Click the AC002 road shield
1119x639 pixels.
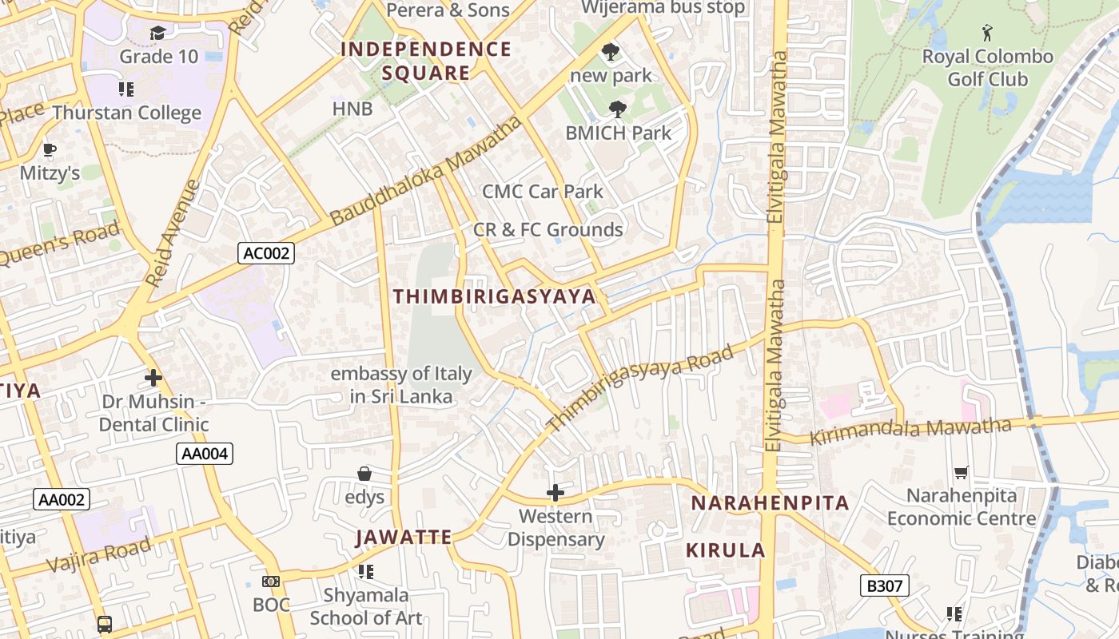pyautogui.click(x=266, y=254)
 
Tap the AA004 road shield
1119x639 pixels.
pyautogui.click(x=205, y=454)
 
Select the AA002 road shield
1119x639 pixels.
pyautogui.click(x=62, y=500)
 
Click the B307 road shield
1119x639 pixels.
pyautogui.click(x=885, y=585)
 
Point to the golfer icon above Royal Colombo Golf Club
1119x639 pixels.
pyautogui.click(x=988, y=34)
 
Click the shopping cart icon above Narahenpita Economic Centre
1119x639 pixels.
pyautogui.click(x=962, y=473)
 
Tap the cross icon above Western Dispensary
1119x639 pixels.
pyautogui.click(x=556, y=493)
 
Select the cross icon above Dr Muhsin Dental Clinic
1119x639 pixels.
pyautogui.click(x=153, y=378)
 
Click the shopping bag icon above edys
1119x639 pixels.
pyautogui.click(x=364, y=474)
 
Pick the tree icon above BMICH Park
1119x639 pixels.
pyautogui.click(x=617, y=109)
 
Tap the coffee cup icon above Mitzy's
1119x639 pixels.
pyautogui.click(x=50, y=150)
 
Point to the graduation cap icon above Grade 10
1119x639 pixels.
pyautogui.click(x=157, y=34)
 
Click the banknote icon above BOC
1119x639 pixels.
pyautogui.click(x=271, y=581)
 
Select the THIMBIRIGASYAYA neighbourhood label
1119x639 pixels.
pyautogui.click(x=494, y=296)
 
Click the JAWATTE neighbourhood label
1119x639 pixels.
pyautogui.click(x=404, y=537)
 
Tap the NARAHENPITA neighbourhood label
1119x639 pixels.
pyautogui.click(x=770, y=503)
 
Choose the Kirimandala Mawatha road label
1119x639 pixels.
pyautogui.click(x=910, y=432)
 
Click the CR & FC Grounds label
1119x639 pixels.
pyautogui.click(x=548, y=230)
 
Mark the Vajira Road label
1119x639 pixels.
pyautogui.click(x=98, y=555)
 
